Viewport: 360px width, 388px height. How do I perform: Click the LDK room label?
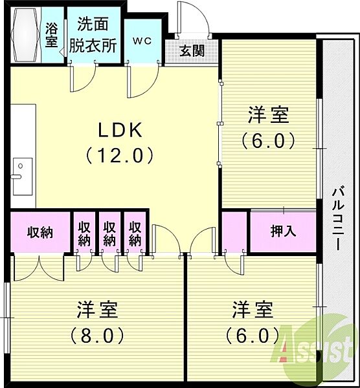click(120, 130)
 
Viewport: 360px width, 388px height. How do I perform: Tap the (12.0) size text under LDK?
click(119, 155)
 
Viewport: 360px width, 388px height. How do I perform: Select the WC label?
click(142, 41)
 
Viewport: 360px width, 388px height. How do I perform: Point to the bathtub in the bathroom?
click(26, 35)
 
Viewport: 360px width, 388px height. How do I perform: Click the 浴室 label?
click(52, 36)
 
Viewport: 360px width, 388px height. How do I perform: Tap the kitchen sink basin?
click(23, 176)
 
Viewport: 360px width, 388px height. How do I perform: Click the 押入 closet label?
click(283, 231)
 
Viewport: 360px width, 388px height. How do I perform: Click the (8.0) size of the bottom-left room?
click(97, 335)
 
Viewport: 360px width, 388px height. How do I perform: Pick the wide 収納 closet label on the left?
click(40, 232)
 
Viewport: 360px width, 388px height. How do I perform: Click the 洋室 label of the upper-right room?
click(268, 115)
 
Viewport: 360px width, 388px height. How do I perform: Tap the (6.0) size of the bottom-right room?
click(253, 335)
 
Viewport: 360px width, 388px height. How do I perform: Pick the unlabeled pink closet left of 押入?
click(234, 231)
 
